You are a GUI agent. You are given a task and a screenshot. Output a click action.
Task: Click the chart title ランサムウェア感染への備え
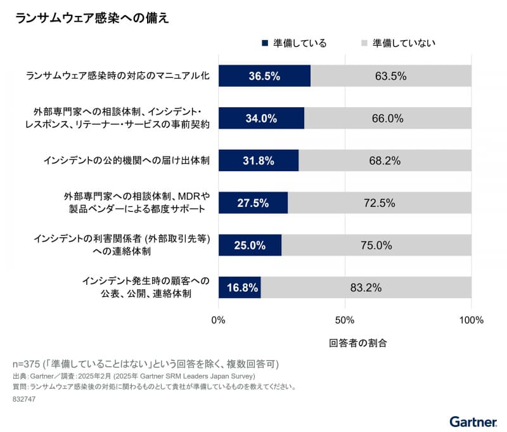92,18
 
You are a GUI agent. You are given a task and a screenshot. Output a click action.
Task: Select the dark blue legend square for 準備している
265,44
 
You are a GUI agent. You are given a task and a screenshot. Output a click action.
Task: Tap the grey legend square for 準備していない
364,44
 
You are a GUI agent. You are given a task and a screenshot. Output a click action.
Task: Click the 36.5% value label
264,76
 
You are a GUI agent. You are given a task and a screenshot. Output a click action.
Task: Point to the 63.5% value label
390,76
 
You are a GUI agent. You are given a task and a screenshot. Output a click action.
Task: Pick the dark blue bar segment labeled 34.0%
261,119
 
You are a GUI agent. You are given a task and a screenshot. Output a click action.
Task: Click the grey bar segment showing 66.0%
388,119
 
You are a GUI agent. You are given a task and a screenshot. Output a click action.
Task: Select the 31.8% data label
259,161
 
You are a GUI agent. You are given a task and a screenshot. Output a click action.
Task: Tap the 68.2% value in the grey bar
385,161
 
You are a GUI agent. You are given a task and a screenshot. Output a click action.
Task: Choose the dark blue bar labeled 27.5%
253,203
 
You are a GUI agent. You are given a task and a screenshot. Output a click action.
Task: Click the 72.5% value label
380,203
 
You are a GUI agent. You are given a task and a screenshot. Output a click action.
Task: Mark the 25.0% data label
250,245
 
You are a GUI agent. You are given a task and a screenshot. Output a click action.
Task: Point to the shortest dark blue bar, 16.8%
240,287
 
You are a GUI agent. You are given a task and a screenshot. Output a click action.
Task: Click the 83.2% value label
366,287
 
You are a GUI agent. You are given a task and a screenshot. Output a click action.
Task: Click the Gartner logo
472,421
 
